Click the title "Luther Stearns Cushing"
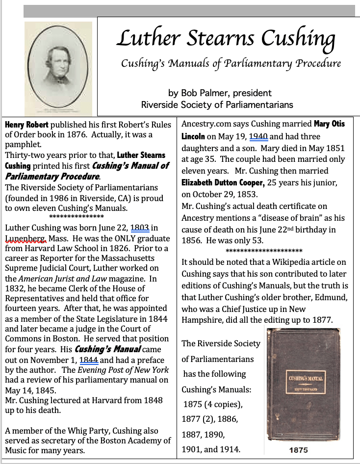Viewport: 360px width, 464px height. click(226, 39)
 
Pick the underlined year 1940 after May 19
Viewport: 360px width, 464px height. click(258, 136)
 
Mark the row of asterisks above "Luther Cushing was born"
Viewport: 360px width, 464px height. click(76, 217)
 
